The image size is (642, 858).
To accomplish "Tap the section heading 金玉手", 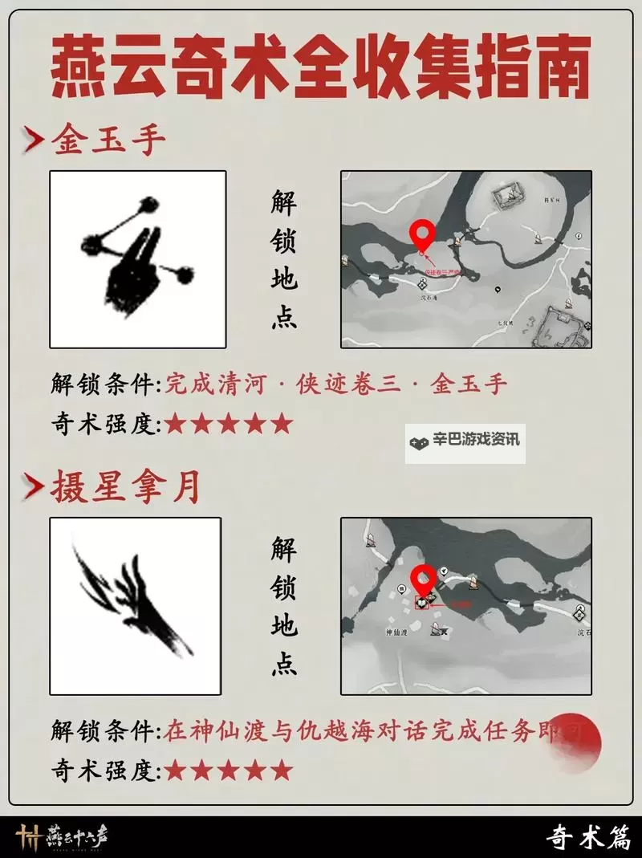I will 108,142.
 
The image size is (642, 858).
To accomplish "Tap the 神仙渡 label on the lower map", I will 396,632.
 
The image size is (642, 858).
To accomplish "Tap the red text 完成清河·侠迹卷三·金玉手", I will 336,384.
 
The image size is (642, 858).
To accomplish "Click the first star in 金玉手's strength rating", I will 175,424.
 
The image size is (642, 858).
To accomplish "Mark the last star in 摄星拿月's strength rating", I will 281,771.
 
